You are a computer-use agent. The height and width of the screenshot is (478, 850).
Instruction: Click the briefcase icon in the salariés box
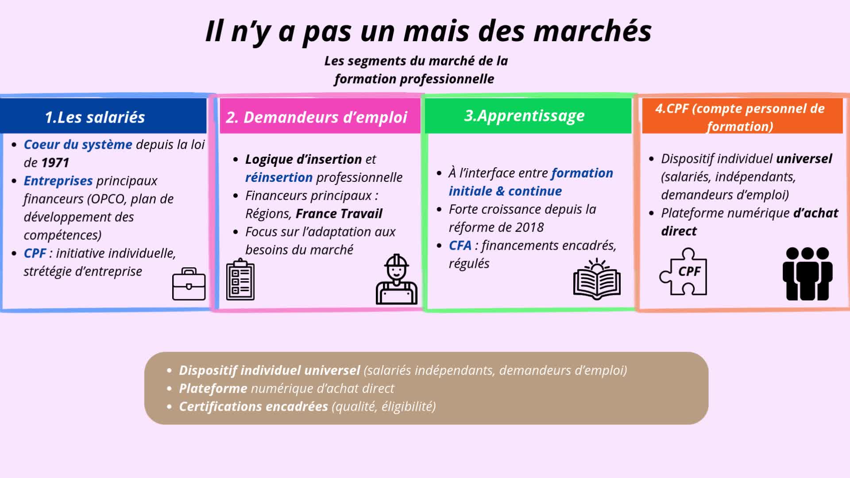tap(189, 284)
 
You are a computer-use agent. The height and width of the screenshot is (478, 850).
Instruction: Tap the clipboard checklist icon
tap(240, 280)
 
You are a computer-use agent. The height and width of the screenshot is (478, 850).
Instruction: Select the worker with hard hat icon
tap(396, 279)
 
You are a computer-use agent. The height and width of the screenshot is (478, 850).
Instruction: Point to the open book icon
tap(597, 279)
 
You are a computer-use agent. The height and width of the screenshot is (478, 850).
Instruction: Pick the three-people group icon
tap(807, 274)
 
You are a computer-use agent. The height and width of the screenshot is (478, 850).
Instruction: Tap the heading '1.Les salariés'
tap(95, 117)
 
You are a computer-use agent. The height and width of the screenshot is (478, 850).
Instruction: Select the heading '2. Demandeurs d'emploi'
tap(317, 117)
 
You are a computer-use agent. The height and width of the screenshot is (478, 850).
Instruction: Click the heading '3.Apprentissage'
tap(525, 116)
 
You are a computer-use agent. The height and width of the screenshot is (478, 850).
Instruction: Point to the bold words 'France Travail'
tap(339, 214)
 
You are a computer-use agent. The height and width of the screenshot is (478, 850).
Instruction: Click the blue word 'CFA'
tap(460, 246)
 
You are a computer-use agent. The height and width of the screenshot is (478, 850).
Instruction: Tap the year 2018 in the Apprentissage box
tap(529, 227)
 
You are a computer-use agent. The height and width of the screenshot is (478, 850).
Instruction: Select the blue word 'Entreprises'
tap(58, 181)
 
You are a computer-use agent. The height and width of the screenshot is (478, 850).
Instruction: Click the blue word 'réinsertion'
tap(279, 177)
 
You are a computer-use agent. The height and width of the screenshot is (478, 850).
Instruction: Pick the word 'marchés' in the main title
tap(592, 31)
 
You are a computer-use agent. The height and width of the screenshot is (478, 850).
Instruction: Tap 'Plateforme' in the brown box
tap(213, 389)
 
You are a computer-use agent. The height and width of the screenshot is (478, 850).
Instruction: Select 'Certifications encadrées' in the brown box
tap(253, 407)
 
